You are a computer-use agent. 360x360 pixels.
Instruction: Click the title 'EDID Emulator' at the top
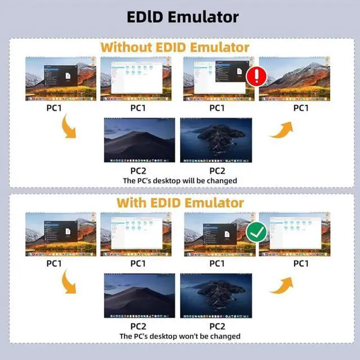(179, 16)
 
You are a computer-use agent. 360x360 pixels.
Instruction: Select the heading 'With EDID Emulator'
(179, 202)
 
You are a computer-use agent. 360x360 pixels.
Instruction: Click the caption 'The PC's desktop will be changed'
(180, 181)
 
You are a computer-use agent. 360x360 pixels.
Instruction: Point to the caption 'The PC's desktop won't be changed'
(180, 336)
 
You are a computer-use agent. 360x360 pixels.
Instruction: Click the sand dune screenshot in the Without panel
(139, 140)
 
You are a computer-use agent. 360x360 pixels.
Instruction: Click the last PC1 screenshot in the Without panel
(293, 79)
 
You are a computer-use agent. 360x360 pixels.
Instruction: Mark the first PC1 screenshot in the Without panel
(61, 79)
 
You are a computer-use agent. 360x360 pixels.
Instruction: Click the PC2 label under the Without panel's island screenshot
(217, 170)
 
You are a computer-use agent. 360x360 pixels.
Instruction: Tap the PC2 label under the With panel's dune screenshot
(138, 326)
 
